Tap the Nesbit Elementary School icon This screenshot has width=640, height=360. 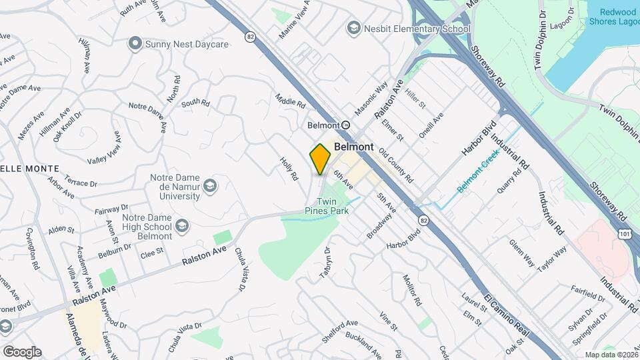click(353, 29)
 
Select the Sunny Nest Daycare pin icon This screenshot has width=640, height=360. click(135, 44)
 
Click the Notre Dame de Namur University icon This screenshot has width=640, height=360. click(211, 185)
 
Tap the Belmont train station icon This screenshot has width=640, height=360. click(345, 125)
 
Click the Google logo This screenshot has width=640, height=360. click(21, 351)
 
